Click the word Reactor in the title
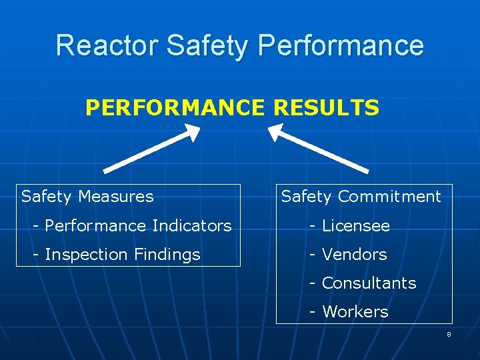coord(107,45)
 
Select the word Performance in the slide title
coord(340,45)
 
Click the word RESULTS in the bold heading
coord(326,107)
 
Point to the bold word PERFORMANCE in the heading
coord(175,107)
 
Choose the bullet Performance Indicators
coord(137,225)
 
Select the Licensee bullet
coord(355,225)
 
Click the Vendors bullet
coord(354,254)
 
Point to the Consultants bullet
coord(369,283)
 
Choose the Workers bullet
coord(355,311)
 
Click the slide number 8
coord(449,334)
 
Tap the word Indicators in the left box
coord(194,225)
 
